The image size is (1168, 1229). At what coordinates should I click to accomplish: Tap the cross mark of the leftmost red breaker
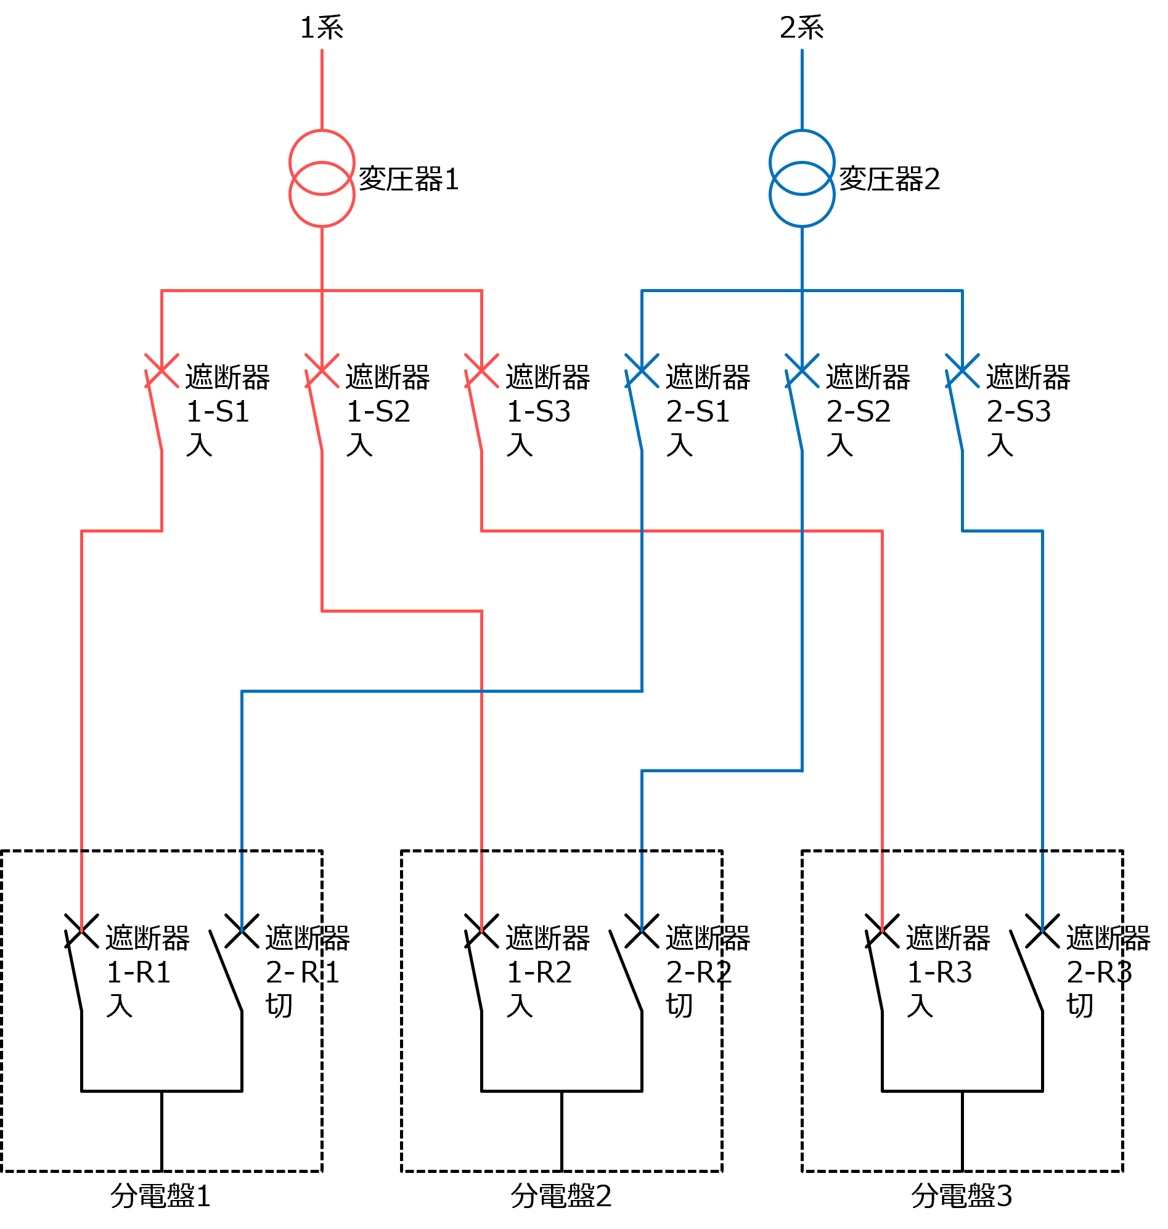coord(162,370)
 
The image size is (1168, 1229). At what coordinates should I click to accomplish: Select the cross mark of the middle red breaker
coord(322,370)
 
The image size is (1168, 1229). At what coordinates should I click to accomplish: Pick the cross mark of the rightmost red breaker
coord(481,370)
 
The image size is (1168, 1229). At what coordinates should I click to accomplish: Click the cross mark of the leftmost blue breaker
coord(642,370)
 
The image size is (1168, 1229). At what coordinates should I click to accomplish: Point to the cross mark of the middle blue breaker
coord(802,370)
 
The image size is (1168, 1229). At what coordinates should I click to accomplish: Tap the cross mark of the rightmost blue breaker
coord(962,370)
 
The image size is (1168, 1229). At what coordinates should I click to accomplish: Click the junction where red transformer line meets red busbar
coord(322,290)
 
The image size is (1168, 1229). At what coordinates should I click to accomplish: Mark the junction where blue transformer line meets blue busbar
coord(802,290)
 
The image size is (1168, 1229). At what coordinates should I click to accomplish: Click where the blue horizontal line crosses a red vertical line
coord(482,691)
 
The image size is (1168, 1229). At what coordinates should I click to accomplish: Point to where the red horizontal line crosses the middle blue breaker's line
coord(802,531)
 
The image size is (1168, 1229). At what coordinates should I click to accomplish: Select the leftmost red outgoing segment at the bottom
coord(81,892)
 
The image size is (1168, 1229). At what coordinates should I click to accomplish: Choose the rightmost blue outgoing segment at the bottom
coord(1042,892)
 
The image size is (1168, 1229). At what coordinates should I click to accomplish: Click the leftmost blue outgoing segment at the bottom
coord(242,892)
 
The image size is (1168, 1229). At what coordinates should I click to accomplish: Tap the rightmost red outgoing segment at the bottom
coord(882,892)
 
